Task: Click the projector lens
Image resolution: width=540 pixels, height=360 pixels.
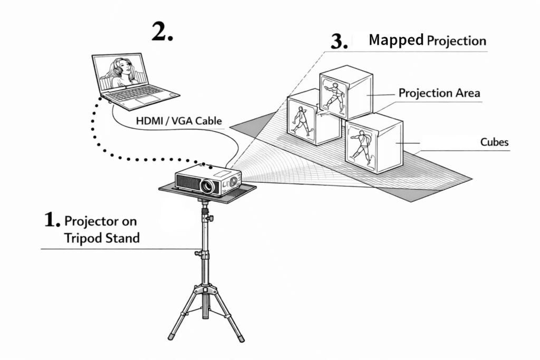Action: click(x=208, y=186)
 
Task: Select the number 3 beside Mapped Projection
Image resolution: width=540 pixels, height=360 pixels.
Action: click(x=339, y=42)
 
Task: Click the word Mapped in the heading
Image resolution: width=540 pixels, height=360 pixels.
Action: click(x=396, y=40)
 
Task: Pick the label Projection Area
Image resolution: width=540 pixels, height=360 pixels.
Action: click(x=439, y=93)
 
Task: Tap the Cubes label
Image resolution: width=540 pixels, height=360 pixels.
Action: click(x=495, y=142)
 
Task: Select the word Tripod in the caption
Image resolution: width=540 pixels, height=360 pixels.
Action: click(x=83, y=238)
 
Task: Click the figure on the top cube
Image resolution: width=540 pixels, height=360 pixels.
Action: click(x=334, y=95)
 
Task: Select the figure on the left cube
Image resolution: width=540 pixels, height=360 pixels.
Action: click(x=301, y=120)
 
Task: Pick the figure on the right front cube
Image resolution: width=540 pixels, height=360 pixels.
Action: click(x=361, y=147)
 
